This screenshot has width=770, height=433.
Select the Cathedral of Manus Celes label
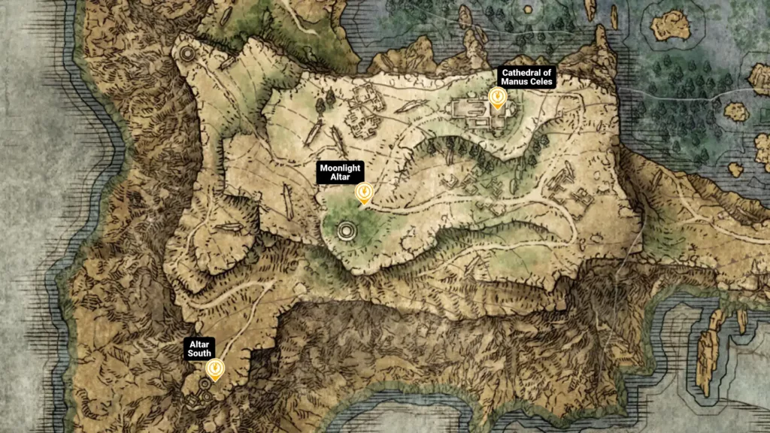526,77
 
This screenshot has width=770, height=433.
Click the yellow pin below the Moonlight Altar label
364,193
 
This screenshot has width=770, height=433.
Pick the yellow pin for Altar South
215,368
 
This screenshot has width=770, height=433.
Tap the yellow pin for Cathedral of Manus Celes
496,98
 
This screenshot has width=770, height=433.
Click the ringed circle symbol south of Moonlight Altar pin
347,231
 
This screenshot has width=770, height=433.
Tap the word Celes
539,81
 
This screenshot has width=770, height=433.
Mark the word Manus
514,81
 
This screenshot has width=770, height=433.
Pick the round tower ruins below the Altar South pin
203,385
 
